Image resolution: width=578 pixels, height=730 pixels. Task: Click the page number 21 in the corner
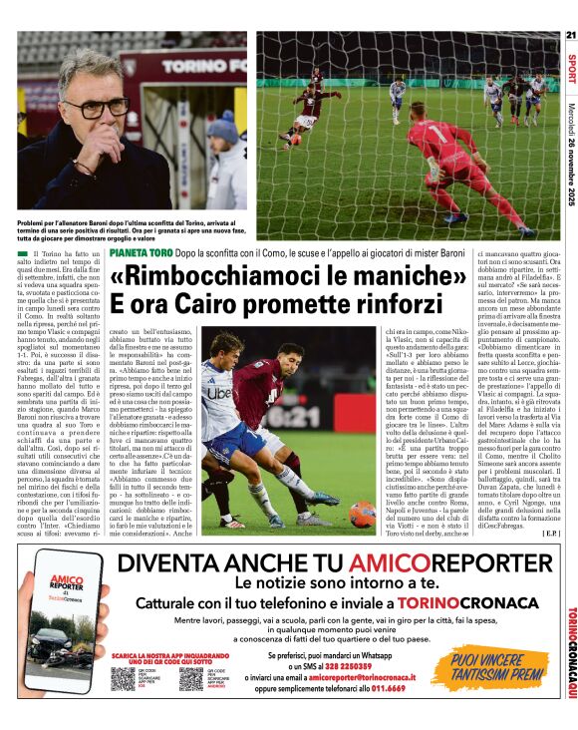[x=570, y=36]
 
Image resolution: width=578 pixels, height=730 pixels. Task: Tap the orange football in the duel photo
[x=361, y=514]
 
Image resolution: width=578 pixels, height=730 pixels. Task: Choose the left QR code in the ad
[x=123, y=679]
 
